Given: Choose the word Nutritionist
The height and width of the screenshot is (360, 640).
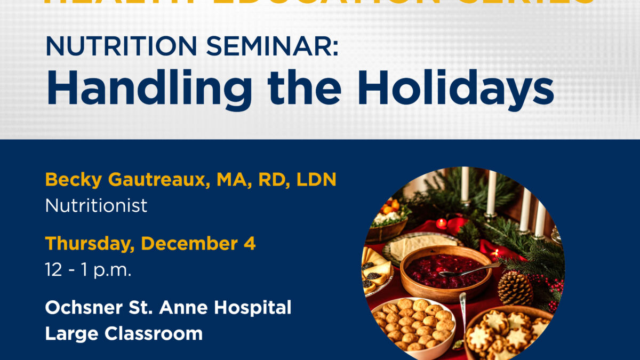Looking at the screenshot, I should [x=96, y=205].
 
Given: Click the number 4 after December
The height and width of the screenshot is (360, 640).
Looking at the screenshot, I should [x=251, y=244].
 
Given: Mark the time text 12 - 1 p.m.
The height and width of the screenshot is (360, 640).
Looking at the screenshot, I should [x=88, y=269].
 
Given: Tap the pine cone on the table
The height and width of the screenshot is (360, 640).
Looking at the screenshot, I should [x=515, y=288].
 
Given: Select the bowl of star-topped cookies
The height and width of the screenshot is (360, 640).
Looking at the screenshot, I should [x=501, y=333].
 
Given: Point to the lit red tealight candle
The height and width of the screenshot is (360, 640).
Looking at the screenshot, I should [x=442, y=223].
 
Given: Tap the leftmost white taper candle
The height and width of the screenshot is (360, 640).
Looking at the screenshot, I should [x=465, y=185].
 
